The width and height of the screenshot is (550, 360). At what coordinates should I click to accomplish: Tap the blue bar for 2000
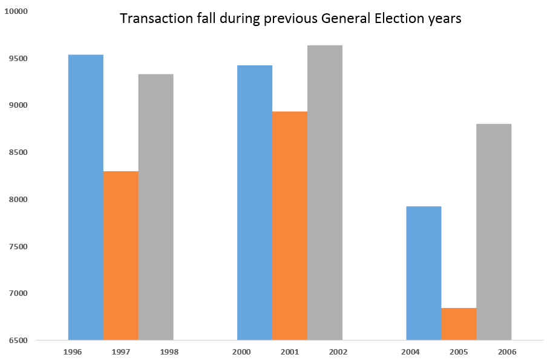click(255, 202)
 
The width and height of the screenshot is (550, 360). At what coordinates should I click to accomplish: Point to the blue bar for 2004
click(424, 273)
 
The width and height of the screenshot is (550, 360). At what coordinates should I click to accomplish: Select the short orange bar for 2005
click(459, 324)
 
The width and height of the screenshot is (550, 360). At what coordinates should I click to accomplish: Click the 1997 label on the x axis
click(121, 351)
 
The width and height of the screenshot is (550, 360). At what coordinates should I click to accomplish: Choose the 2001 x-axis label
click(290, 351)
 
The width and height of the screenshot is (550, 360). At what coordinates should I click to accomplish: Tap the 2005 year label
click(459, 351)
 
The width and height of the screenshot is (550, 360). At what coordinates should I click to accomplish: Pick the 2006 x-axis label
click(494, 351)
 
